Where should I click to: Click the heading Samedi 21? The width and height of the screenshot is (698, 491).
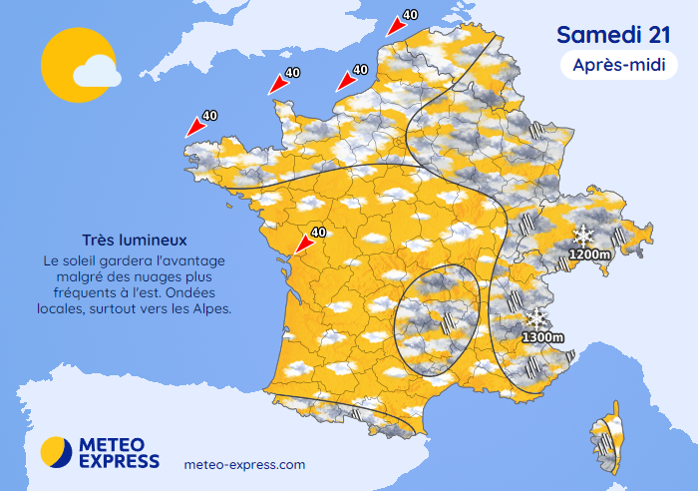coord(606,34)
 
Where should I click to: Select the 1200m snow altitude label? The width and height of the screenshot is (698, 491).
coord(588,254)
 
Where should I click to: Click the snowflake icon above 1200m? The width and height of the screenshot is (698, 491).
coord(583,237)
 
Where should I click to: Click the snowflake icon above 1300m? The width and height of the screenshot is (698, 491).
coord(537,319)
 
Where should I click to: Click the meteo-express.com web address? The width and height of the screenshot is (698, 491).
coord(245,465)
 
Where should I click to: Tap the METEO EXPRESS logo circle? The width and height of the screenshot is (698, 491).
coord(56,451)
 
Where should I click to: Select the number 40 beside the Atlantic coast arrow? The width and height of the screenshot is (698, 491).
coord(319,233)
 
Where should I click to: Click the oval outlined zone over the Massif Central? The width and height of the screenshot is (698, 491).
coord(436,319)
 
